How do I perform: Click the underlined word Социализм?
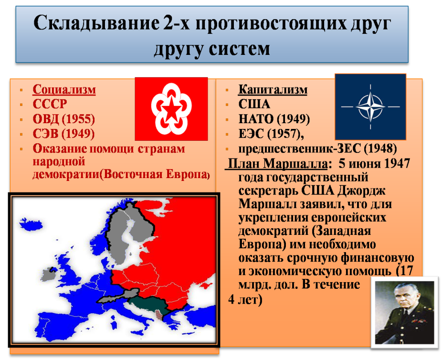point(64,90)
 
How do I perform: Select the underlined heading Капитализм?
point(273,90)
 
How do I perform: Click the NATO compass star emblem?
point(370,107)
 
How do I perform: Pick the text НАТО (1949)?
point(274,119)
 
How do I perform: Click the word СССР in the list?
point(50,104)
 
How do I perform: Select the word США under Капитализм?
point(254,104)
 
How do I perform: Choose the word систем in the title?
point(239,49)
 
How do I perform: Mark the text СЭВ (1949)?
point(63,134)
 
